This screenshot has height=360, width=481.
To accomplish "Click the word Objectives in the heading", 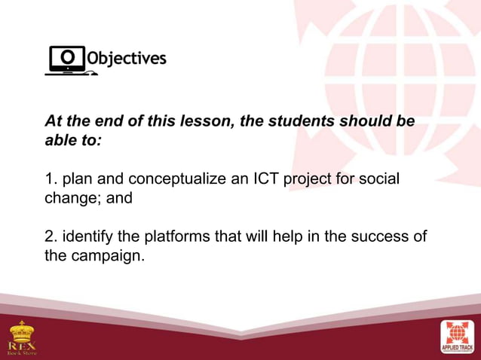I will (x=127, y=59).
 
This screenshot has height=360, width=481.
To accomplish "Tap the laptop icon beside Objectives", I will (x=68, y=60).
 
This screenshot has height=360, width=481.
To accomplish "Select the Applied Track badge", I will (x=458, y=336).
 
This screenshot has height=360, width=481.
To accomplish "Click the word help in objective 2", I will (x=290, y=237).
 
